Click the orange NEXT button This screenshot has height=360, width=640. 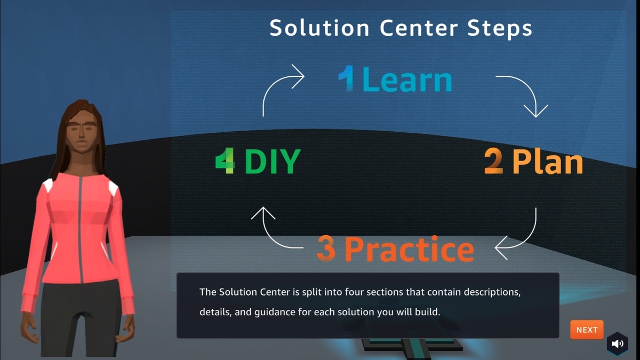[x=587, y=330]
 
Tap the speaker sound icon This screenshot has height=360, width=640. [x=618, y=344]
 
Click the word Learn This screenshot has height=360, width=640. [x=407, y=80]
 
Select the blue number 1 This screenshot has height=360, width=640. [x=347, y=80]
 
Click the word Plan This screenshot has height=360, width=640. [x=548, y=162]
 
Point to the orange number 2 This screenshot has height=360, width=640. [x=493, y=162]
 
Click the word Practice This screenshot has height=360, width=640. [x=409, y=249]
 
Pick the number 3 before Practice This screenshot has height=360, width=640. [x=326, y=249]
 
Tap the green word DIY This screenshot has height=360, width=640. [x=272, y=162]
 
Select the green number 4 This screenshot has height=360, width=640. [x=225, y=162]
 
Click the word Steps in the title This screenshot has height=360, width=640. [x=500, y=28]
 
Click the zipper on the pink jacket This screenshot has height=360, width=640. [x=81, y=229]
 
